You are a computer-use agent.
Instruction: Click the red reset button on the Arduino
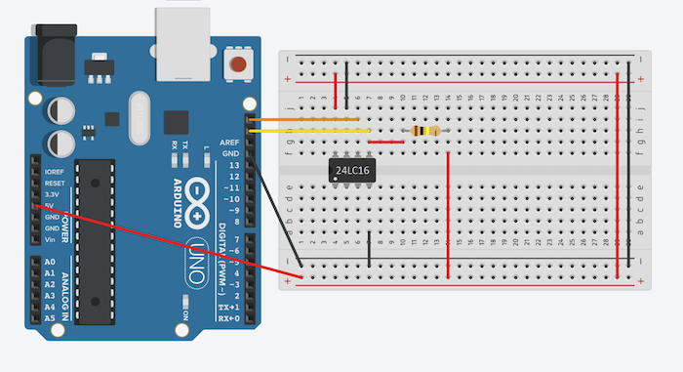point(236,66)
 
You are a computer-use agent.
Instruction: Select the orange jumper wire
point(302,121)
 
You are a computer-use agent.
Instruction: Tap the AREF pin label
point(229,143)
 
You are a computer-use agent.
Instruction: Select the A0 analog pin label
point(49,262)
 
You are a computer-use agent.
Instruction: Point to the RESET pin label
point(55,183)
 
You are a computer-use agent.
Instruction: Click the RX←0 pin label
point(227,318)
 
